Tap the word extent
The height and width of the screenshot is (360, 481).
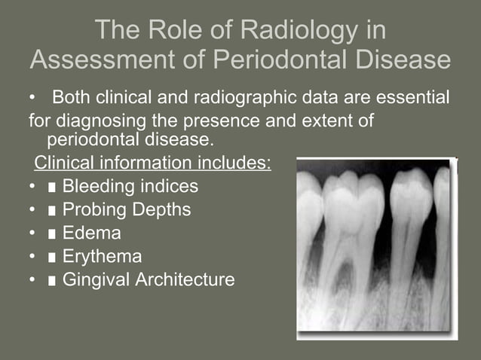[x=332, y=120]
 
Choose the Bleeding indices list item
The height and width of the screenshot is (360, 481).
[x=130, y=186]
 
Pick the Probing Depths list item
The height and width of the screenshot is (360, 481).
[x=126, y=209]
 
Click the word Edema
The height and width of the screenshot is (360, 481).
[x=91, y=233]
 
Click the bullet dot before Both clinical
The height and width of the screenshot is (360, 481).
[x=32, y=99]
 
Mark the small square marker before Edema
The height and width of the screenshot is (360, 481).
[x=51, y=234]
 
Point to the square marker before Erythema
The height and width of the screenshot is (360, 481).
[x=51, y=258]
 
